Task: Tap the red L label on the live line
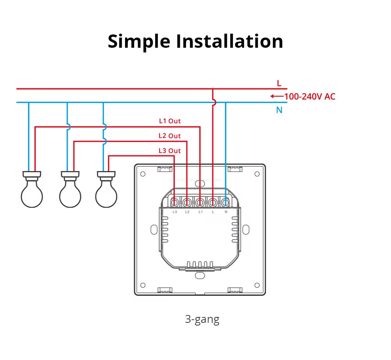(279, 83)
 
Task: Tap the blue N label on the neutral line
(279, 110)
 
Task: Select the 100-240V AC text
(310, 97)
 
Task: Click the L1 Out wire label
(170, 121)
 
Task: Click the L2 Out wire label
(170, 136)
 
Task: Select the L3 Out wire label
(170, 151)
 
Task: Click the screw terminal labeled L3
(175, 203)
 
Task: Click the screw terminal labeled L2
(187, 203)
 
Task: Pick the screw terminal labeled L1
(200, 203)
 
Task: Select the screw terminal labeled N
(226, 203)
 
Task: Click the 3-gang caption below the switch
(202, 319)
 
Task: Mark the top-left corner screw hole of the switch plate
(143, 174)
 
